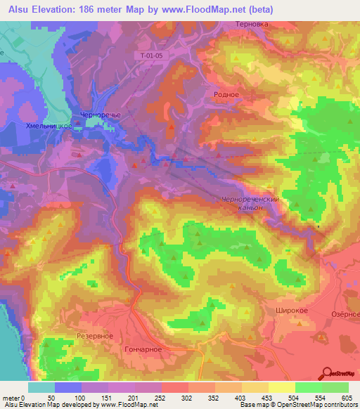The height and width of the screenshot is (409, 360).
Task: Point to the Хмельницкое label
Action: pyautogui.click(x=49, y=124)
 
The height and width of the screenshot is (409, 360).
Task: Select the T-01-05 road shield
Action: pyautogui.click(x=148, y=54)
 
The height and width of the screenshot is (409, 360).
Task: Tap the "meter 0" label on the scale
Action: pyautogui.click(x=13, y=398)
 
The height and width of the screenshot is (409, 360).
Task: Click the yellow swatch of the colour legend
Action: pyautogui.click(x=281, y=387)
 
